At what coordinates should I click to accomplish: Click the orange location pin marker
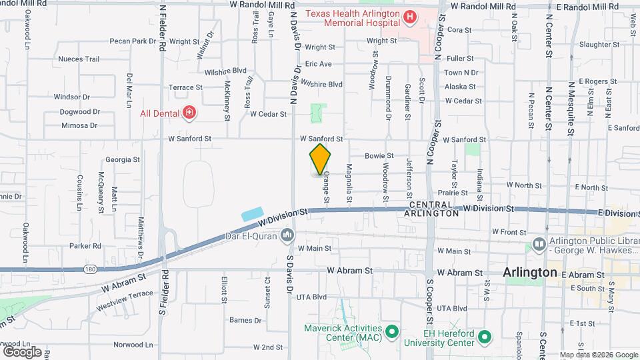pos(320,160)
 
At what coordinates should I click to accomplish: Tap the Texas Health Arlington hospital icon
pos(410,17)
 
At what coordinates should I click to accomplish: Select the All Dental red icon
pos(189,113)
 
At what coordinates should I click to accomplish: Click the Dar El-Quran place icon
pos(287,235)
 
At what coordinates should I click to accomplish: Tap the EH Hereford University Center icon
pos(485,337)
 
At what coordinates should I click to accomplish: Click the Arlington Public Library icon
pos(539,245)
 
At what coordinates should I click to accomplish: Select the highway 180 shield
pos(89,269)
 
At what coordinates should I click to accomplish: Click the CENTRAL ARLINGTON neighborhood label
pos(434,209)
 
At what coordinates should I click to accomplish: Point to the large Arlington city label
pos(529,273)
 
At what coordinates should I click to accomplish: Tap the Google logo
pos(22,351)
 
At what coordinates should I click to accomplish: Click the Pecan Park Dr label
pos(134,41)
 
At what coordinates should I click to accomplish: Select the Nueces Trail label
pos(79,59)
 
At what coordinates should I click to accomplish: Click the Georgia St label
pos(122,160)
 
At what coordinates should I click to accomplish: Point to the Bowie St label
pos(379,155)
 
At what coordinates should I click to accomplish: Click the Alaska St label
pos(460,87)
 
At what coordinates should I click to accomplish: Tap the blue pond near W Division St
pos(253,215)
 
